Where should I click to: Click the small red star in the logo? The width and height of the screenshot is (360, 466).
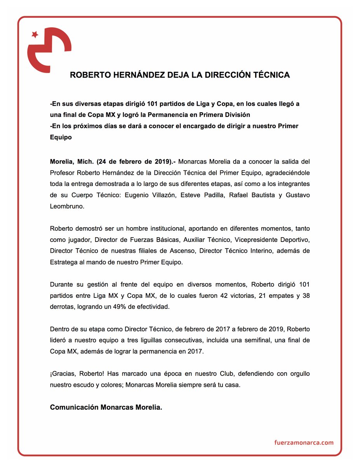pyautogui.click(x=35, y=35)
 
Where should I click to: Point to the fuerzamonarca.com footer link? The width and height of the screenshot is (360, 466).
pyautogui.click(x=304, y=443)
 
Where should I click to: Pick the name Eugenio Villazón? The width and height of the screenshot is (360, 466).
pyautogui.click(x=147, y=195)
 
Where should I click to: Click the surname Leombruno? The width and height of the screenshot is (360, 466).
pyautogui.click(x=67, y=207)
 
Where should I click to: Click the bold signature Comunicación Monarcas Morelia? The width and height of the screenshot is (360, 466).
pyautogui.click(x=106, y=408)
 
